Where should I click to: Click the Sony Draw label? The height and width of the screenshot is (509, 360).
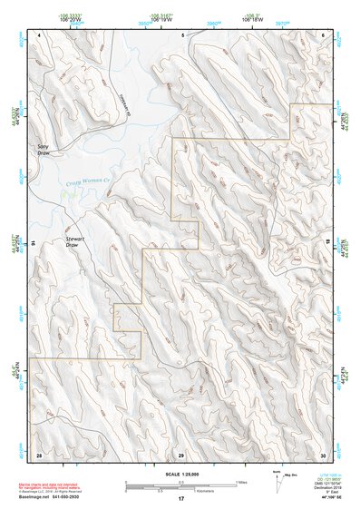(43, 148)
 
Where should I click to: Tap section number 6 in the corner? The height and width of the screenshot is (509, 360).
(323, 34)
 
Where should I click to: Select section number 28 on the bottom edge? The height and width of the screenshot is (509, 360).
(39, 454)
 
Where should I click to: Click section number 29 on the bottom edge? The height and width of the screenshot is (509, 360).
(180, 454)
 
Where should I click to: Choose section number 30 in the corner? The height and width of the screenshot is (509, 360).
(322, 454)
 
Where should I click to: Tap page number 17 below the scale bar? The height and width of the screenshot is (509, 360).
(180, 499)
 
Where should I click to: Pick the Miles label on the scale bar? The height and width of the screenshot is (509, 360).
(240, 481)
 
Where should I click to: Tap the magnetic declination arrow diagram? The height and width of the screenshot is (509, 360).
(277, 479)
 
